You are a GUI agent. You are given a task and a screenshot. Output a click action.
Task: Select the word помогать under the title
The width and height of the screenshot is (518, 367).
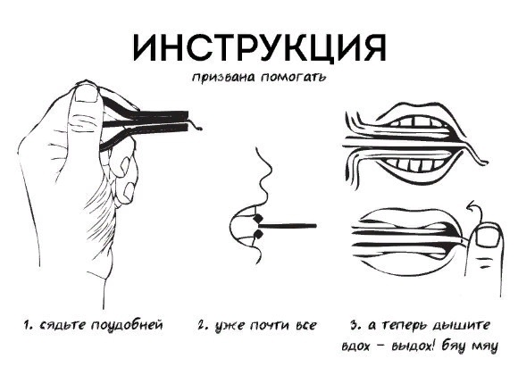click(x=290, y=78)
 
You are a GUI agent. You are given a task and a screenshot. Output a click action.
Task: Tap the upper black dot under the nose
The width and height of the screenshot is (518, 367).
click(x=255, y=219)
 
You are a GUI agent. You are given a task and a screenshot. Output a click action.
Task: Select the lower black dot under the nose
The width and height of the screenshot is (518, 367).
click(x=257, y=234)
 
